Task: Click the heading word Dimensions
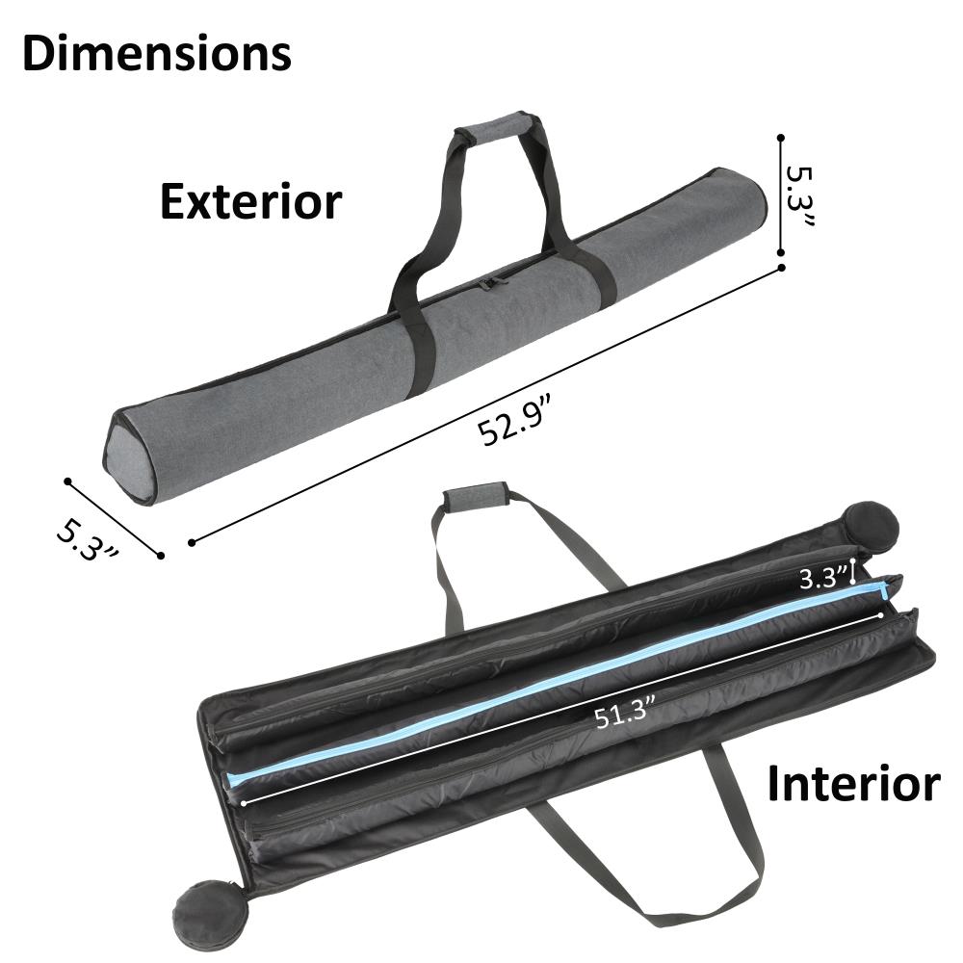pyautogui.click(x=157, y=53)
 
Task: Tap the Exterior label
pyautogui.click(x=250, y=201)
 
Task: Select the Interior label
pyautogui.click(x=853, y=783)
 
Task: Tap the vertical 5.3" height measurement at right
pyautogui.click(x=799, y=196)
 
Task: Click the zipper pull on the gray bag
pyautogui.click(x=489, y=283)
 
